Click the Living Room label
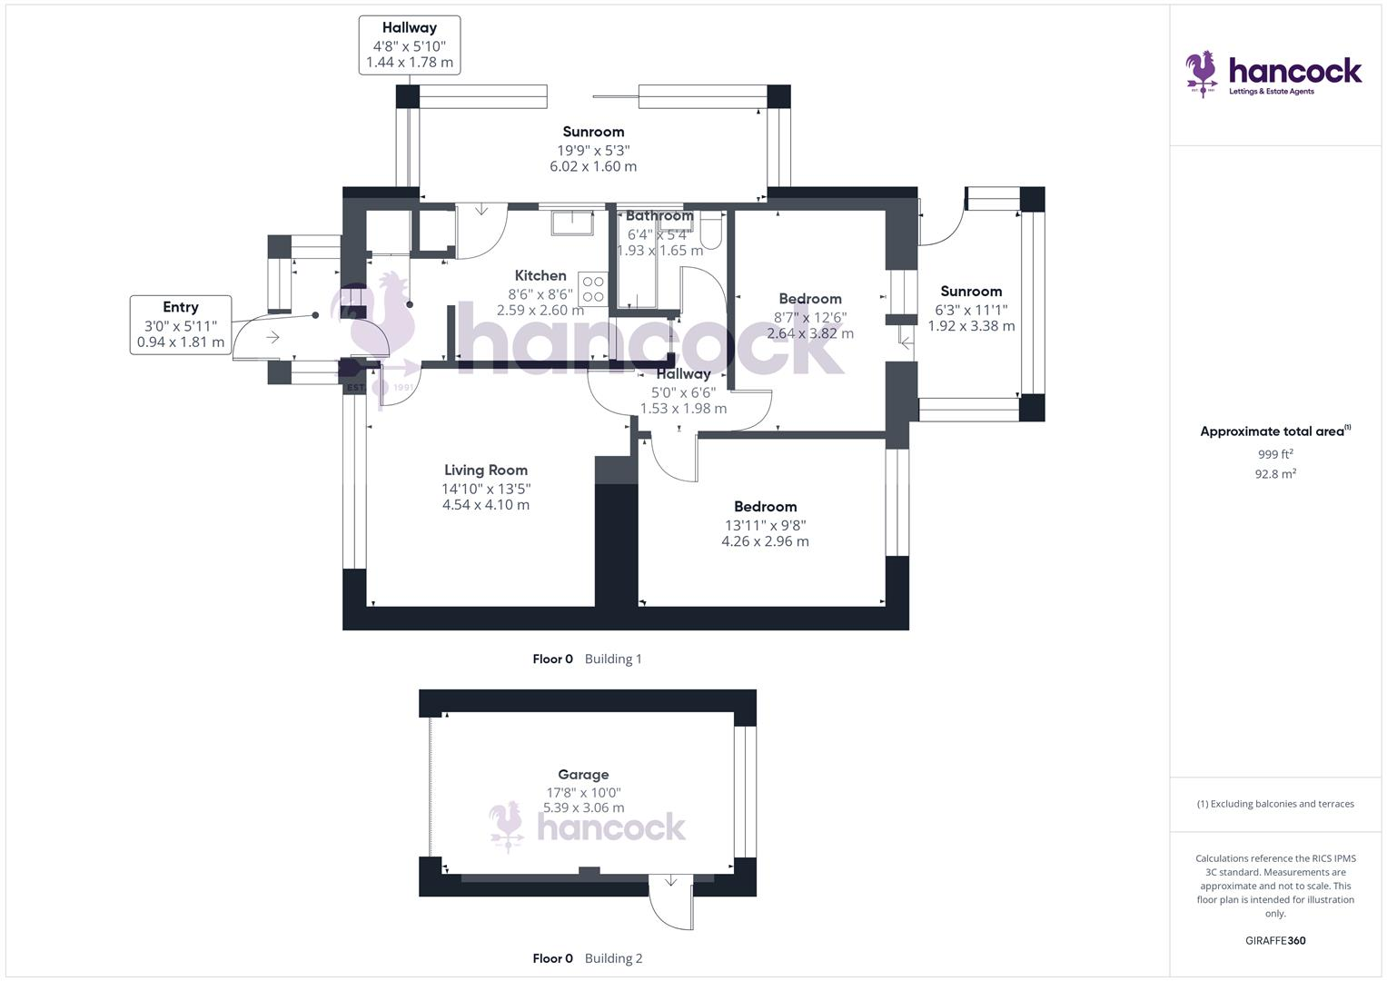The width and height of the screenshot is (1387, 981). (485, 471)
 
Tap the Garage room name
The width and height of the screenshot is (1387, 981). (582, 775)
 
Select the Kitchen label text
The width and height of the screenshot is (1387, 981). (540, 276)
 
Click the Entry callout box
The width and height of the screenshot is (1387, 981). (180, 324)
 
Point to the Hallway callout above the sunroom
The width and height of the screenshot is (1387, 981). (409, 45)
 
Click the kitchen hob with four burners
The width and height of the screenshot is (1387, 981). (592, 289)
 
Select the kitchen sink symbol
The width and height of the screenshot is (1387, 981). (571, 221)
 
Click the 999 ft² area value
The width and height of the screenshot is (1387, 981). (1274, 454)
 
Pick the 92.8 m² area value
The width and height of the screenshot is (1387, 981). (1274, 474)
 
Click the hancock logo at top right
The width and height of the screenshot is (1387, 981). (1273, 73)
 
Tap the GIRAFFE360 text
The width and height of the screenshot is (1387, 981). (1274, 940)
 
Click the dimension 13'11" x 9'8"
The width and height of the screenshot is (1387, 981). (765, 525)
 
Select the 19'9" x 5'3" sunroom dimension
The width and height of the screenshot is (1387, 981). (593, 150)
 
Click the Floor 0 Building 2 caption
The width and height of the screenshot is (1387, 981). (587, 958)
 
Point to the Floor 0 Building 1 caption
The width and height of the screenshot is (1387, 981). (587, 659)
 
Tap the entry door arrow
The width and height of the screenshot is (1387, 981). (272, 338)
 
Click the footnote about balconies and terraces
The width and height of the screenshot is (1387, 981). (1274, 804)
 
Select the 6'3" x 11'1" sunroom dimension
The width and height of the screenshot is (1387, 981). (971, 310)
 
